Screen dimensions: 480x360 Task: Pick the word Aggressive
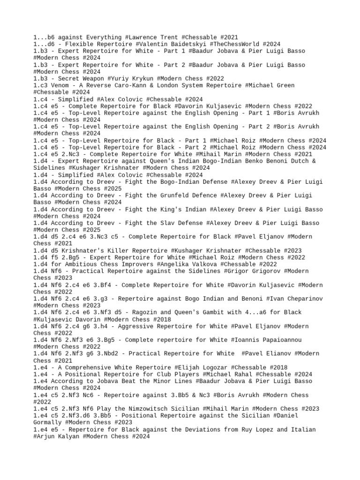click(x=135, y=326)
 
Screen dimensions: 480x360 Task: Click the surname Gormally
click(x=51, y=422)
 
